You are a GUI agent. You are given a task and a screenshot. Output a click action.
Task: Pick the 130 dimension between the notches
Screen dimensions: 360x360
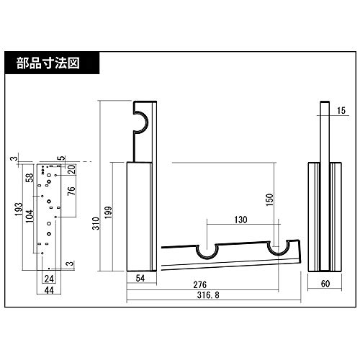click(241, 219)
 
